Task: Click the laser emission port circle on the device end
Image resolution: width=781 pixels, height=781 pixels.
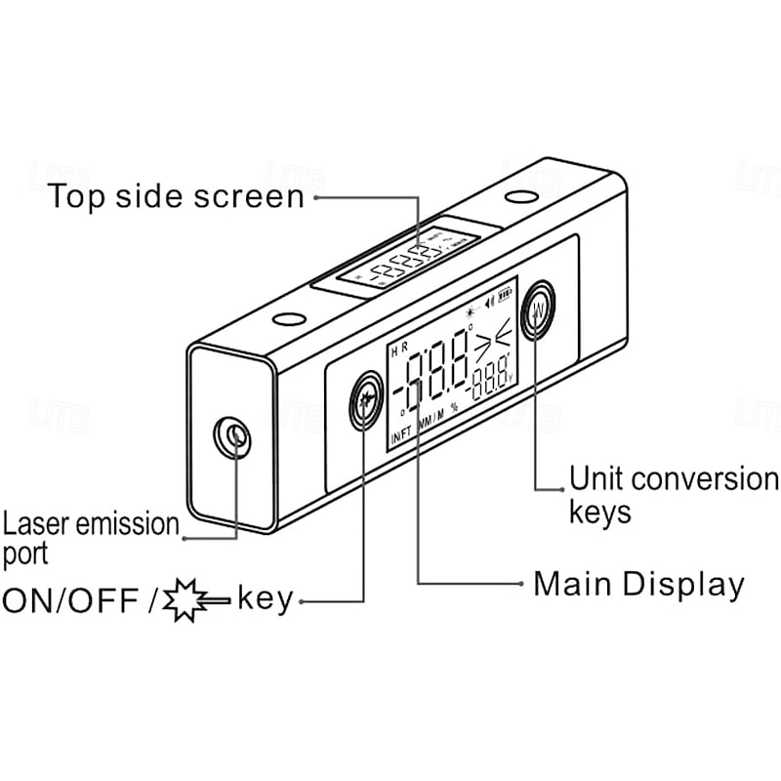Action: [x=232, y=435]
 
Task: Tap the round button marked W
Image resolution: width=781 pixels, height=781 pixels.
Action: [x=538, y=311]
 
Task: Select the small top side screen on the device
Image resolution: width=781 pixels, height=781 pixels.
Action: [x=408, y=260]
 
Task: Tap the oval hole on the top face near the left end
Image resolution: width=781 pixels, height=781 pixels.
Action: [x=289, y=318]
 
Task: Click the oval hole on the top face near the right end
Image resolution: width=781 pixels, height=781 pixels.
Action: [x=519, y=197]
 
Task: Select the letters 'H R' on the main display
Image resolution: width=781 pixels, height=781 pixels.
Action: [x=398, y=350]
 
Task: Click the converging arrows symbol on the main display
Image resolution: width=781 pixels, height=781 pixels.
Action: [x=492, y=343]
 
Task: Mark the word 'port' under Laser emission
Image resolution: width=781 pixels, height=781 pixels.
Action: [x=23, y=555]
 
